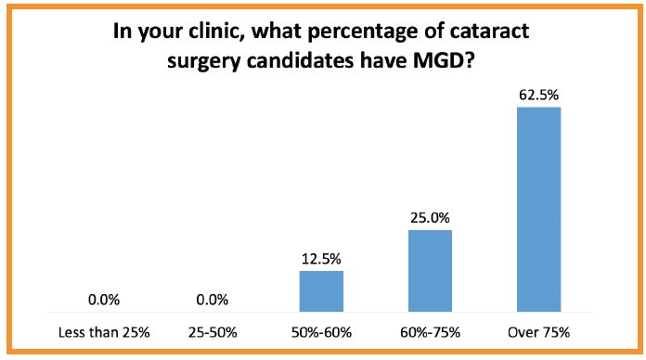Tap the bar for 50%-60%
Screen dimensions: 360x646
tap(321, 293)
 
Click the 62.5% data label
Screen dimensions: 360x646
tap(538, 94)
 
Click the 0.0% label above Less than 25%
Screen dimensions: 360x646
tap(105, 300)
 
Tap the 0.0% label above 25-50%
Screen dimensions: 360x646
tap(213, 300)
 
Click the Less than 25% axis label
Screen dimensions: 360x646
tap(105, 332)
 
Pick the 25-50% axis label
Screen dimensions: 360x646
tap(213, 332)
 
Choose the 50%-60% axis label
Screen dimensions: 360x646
tap(321, 332)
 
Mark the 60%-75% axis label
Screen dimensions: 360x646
tap(430, 332)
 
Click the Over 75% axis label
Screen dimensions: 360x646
tap(538, 332)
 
